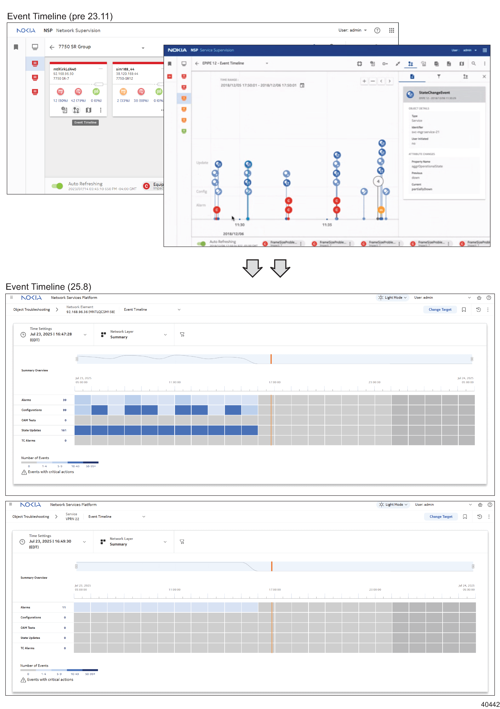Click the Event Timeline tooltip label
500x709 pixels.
pyautogui.click(x=85, y=123)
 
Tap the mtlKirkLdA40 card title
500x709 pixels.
pyautogui.click(x=65, y=69)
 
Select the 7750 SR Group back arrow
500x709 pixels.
pyautogui.click(x=52, y=47)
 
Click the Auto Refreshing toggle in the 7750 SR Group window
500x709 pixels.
pyautogui.click(x=57, y=186)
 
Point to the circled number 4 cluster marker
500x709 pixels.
pyautogui.click(x=378, y=181)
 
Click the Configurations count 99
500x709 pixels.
pyautogui.click(x=65, y=410)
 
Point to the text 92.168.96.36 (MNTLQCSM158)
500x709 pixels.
pyautogui.click(x=90, y=312)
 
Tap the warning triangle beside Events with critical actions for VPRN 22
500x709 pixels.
pyautogui.click(x=23, y=680)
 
